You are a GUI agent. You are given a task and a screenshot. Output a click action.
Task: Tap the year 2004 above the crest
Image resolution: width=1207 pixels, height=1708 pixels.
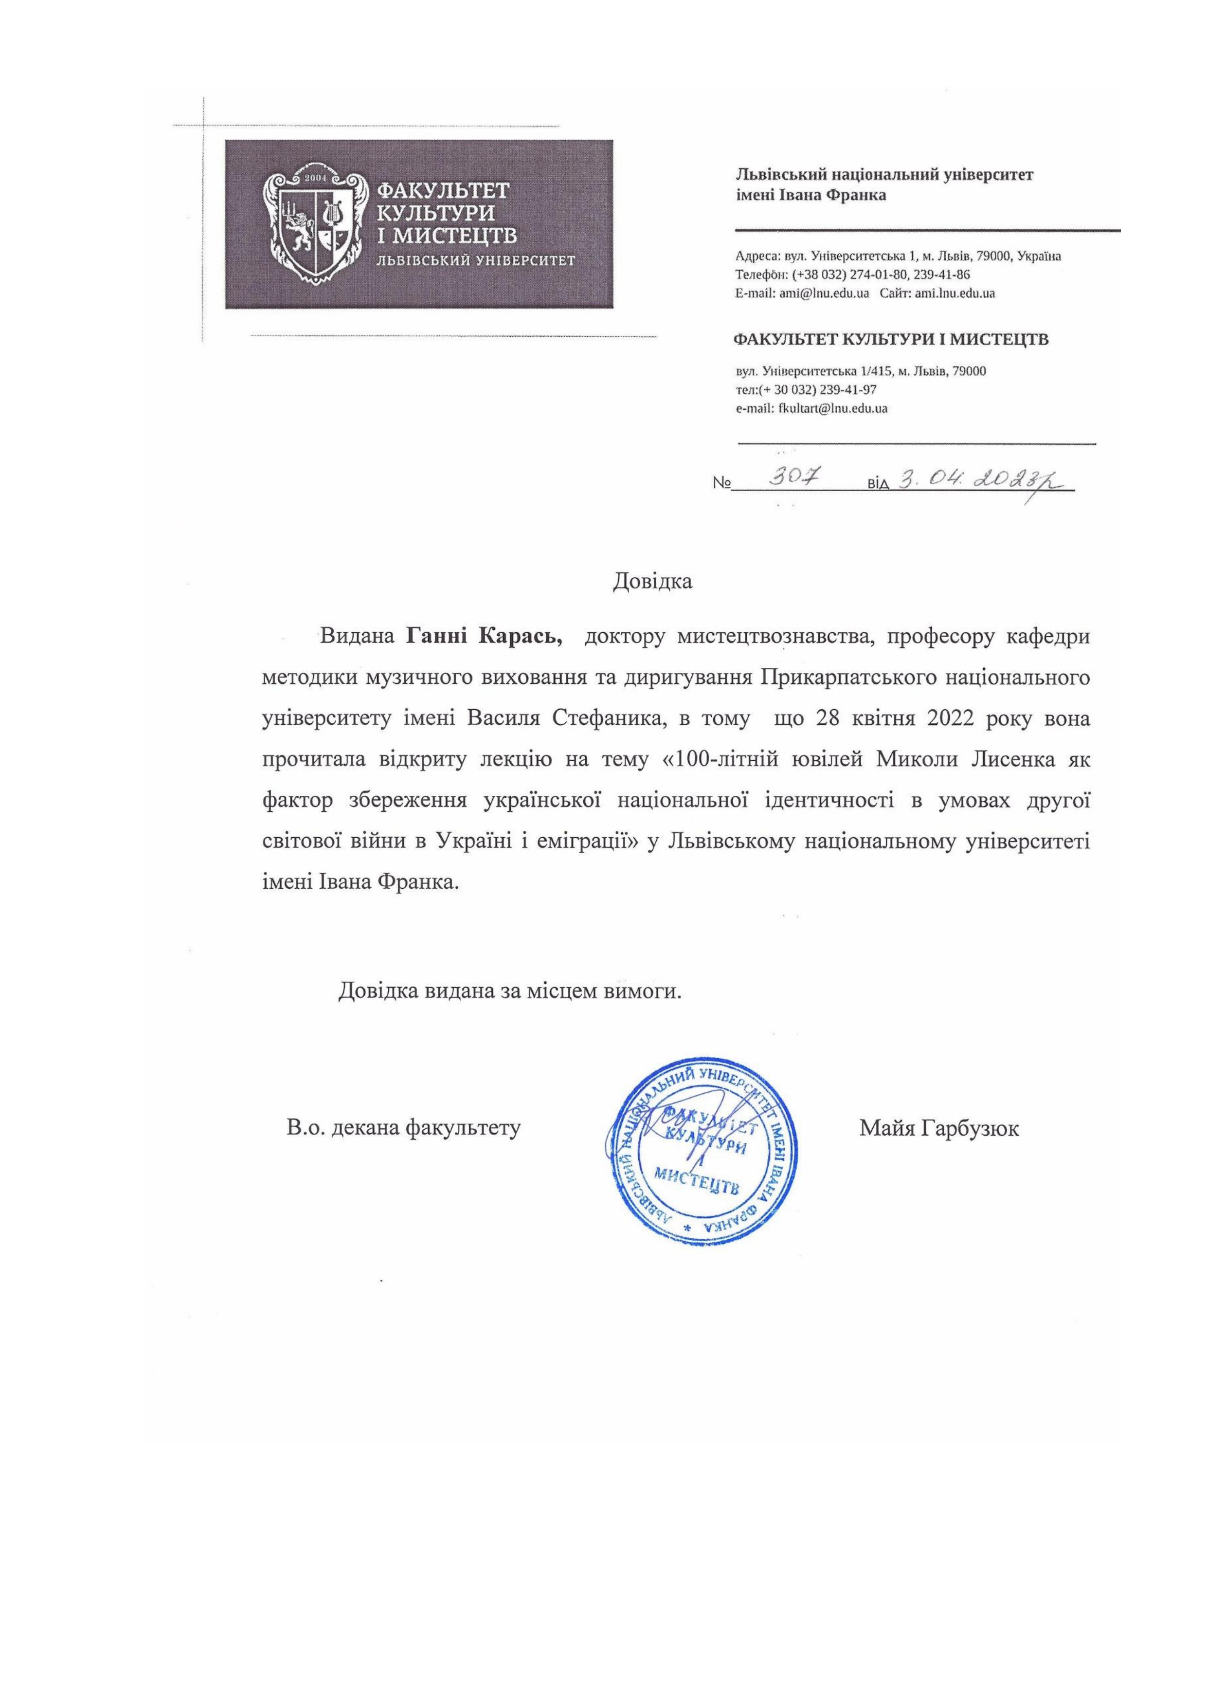[x=317, y=179]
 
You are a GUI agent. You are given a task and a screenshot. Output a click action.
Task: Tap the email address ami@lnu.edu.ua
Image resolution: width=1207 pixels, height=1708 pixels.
[x=824, y=293]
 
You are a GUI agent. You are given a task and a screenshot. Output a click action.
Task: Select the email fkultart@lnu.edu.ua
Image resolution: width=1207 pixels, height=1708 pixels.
[x=832, y=408]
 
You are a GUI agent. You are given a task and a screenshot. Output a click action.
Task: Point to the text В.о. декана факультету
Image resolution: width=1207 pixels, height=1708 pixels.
[x=404, y=1128]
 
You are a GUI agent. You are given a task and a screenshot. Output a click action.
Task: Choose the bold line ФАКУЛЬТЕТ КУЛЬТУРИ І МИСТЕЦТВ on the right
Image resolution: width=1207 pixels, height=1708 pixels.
[x=891, y=340]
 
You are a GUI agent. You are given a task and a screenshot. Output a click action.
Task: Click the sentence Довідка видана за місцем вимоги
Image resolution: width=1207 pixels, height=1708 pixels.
[x=510, y=991]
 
